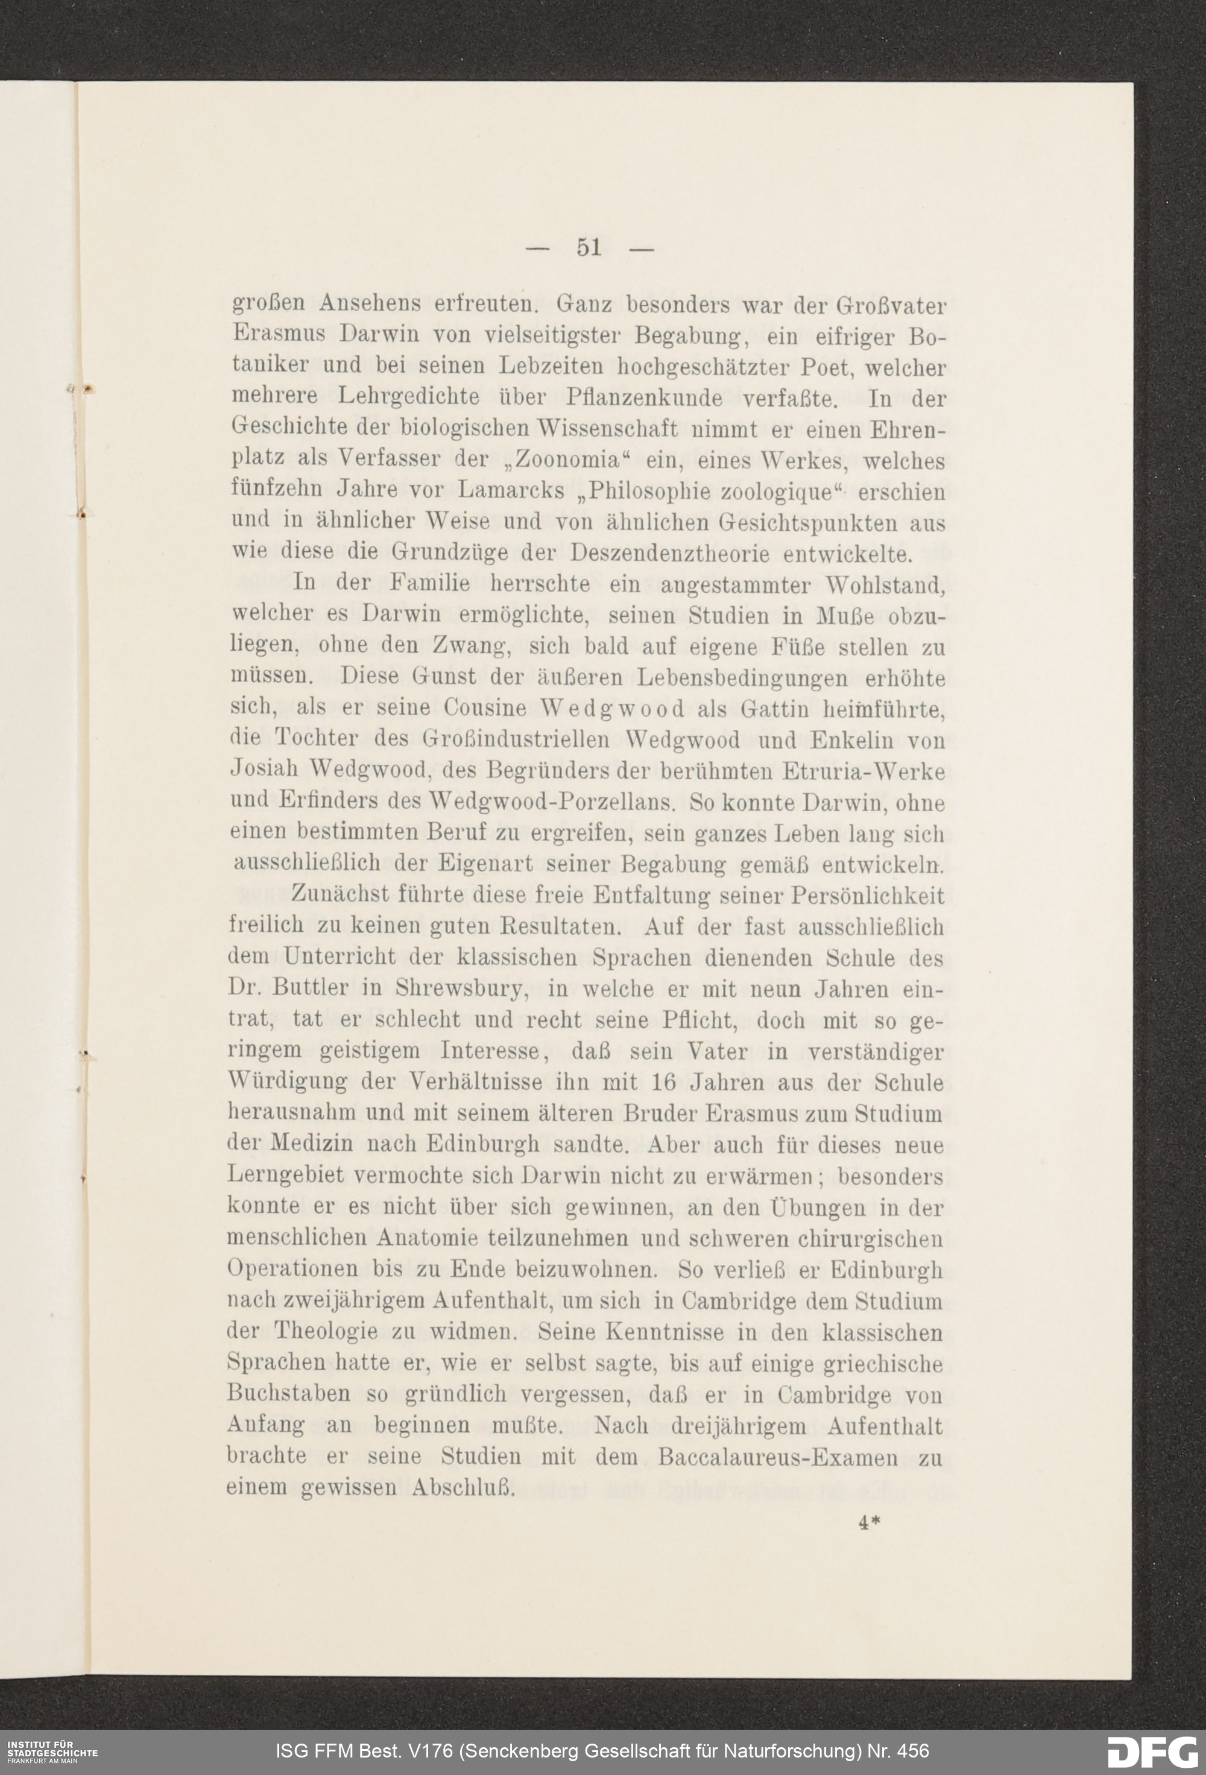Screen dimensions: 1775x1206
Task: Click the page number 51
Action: click(589, 247)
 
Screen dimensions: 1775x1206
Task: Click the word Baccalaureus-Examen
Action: click(777, 1457)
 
